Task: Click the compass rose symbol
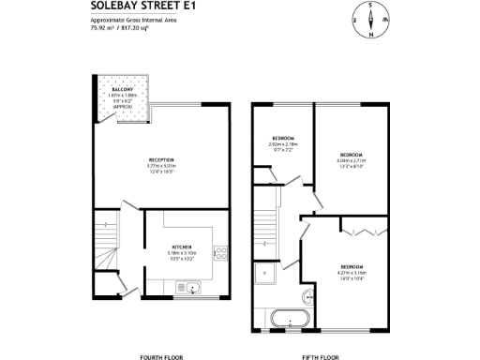(371, 20)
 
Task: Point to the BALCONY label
(123, 89)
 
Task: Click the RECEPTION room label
(162, 161)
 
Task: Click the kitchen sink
(192, 286)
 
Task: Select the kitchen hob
(220, 254)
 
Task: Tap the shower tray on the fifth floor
(264, 275)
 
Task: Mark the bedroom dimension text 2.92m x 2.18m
(284, 144)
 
